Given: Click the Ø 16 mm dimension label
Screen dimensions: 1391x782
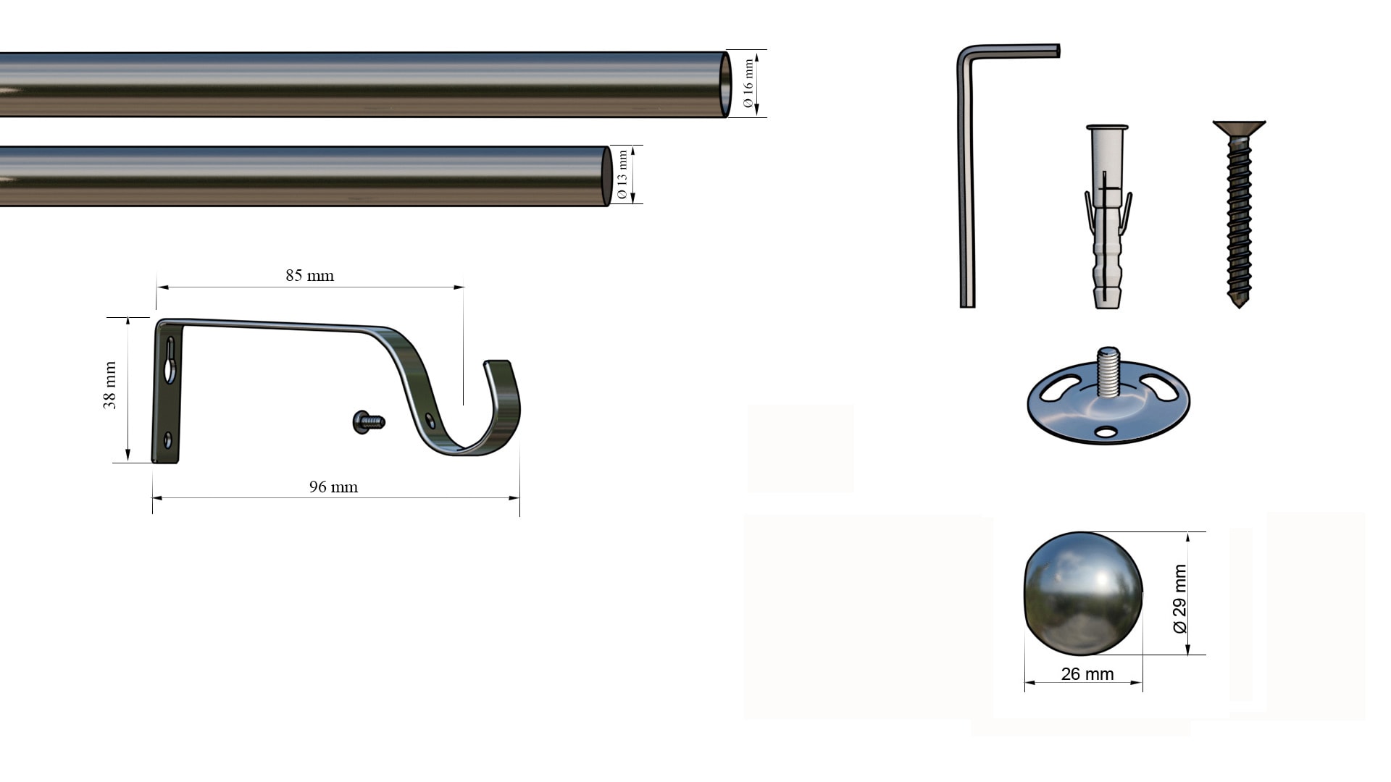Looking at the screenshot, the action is pos(748,83).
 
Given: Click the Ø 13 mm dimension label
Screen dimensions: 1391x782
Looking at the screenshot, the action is pos(622,175).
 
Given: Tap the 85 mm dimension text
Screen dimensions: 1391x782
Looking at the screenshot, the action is pos(309,275).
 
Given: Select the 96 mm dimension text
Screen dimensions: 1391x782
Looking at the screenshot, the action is pos(333,487).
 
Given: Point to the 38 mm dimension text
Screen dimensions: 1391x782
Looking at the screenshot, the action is pos(109,386).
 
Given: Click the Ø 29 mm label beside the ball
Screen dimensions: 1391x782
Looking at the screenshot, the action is pos(1179,599).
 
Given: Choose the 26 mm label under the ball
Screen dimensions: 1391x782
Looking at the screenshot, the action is pos(1087,674).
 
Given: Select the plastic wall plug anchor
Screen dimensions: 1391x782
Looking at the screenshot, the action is pos(1107,217).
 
